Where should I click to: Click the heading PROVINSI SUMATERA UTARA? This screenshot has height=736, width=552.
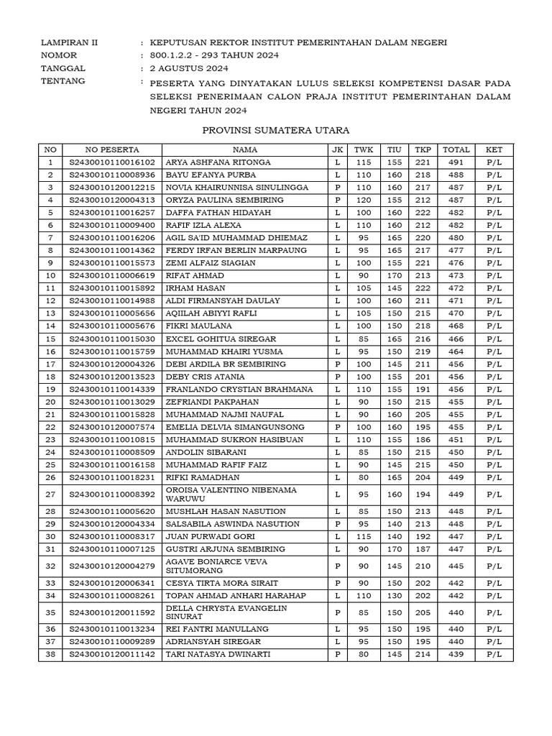tap(275, 130)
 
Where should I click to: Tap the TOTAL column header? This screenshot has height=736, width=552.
tap(456, 149)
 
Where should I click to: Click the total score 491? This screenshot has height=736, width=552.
tap(456, 162)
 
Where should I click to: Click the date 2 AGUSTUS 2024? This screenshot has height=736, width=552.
tap(189, 68)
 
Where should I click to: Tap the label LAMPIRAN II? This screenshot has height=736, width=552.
tap(70, 42)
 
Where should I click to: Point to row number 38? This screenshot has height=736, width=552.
tap(50, 655)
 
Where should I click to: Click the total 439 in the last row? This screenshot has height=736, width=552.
tap(456, 655)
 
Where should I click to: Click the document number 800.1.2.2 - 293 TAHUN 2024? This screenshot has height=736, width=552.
tap(214, 55)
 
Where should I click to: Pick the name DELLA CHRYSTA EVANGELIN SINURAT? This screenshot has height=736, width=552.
tap(226, 612)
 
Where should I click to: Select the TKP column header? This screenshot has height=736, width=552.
tap(422, 149)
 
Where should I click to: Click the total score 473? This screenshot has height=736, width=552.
tap(456, 275)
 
